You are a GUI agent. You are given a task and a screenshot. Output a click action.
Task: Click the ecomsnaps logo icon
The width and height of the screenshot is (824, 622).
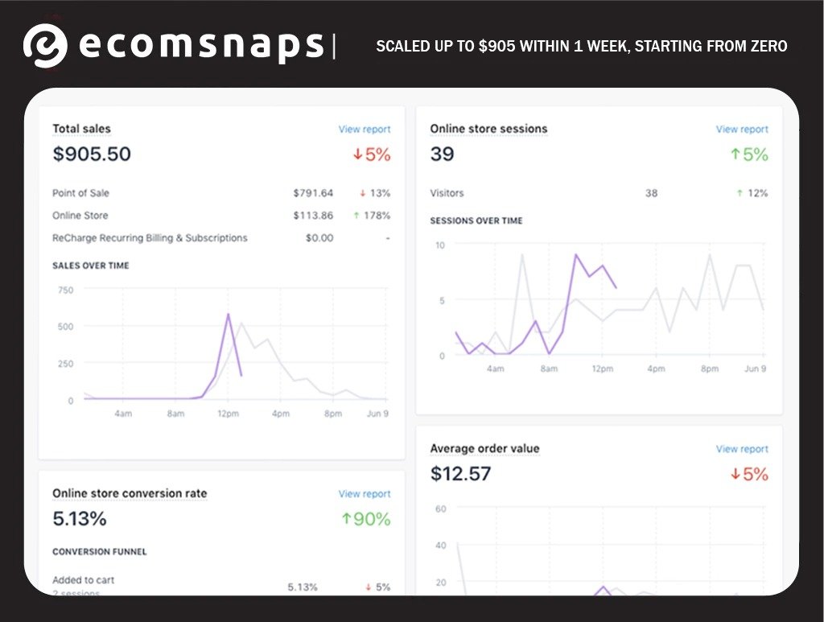[x=44, y=45]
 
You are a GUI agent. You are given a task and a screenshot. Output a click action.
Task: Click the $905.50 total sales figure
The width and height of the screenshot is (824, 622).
[x=92, y=154]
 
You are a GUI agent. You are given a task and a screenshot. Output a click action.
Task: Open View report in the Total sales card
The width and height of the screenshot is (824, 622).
[x=364, y=129]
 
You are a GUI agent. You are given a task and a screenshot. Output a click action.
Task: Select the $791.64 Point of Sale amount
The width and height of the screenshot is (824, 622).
[x=313, y=193]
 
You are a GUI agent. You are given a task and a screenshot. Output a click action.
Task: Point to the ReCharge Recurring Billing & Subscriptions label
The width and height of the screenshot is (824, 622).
[x=150, y=238]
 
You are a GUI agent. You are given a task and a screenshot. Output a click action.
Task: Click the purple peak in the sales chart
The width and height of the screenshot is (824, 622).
[x=229, y=315]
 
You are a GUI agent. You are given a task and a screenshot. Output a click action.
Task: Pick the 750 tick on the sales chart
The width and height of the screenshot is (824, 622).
[x=65, y=290]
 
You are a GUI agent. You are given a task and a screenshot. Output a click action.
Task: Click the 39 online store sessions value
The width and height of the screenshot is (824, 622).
[x=442, y=154]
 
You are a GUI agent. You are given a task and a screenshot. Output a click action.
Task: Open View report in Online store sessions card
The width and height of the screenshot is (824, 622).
[x=742, y=129]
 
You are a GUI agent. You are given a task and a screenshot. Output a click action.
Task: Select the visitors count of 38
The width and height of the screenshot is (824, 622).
[x=651, y=193]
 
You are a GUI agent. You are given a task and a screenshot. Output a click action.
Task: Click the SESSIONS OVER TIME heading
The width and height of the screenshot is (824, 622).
[x=476, y=220]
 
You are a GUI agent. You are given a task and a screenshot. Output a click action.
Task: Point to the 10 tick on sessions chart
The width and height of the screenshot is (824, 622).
[x=439, y=245]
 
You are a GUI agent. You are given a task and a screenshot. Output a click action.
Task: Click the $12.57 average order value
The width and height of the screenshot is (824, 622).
[x=460, y=473]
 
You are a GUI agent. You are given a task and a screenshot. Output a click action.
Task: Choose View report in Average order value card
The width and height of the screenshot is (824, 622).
[x=742, y=449]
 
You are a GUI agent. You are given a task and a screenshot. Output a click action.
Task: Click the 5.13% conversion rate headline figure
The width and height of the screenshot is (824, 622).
[x=79, y=518]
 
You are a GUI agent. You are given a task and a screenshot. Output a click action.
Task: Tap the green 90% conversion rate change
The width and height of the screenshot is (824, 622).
[x=366, y=519]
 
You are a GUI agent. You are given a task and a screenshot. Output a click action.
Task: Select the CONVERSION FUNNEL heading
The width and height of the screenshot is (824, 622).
[x=100, y=552]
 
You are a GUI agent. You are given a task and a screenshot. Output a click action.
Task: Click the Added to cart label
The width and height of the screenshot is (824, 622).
[x=84, y=580]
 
